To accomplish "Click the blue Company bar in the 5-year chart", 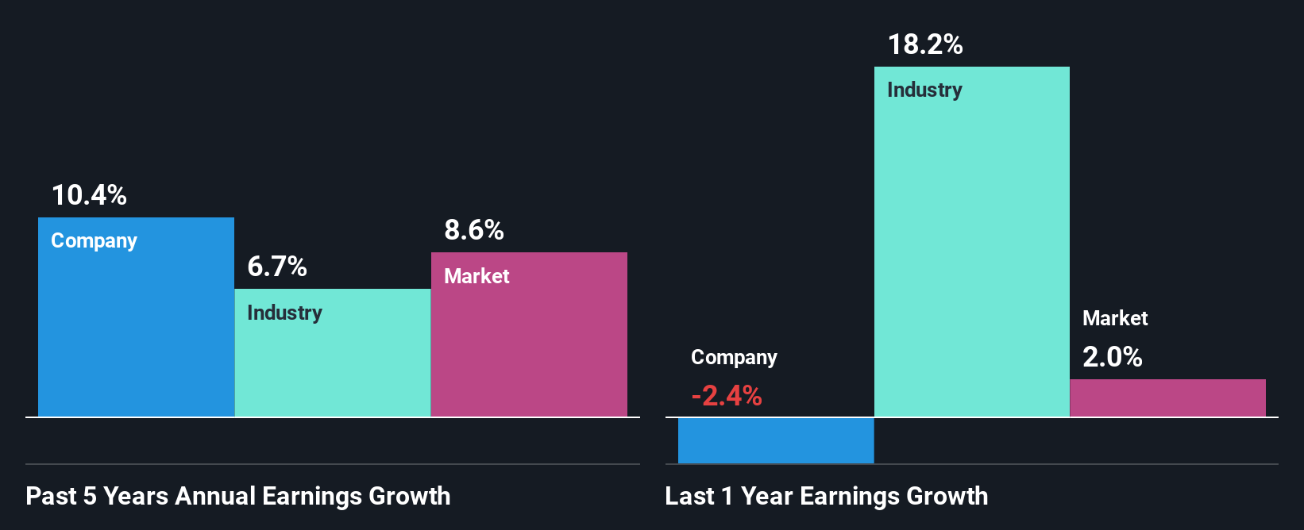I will pyautogui.click(x=136, y=333).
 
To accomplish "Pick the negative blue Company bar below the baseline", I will pyautogui.click(x=776, y=440).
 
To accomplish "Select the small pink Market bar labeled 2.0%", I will pyautogui.click(x=1167, y=398).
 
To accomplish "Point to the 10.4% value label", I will pyautogui.click(x=89, y=195).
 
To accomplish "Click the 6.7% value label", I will pyautogui.click(x=277, y=267).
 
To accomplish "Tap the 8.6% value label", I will pyautogui.click(x=474, y=230).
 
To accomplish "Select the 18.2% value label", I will pyautogui.click(x=925, y=44).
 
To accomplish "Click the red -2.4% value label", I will pyautogui.click(x=727, y=395).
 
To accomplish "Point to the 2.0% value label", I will pyautogui.click(x=1113, y=357).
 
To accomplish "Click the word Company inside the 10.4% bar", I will pyautogui.click(x=94, y=241).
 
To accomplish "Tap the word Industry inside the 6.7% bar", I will pyautogui.click(x=284, y=313).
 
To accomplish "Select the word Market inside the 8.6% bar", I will pyautogui.click(x=476, y=276).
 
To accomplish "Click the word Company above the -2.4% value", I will pyautogui.click(x=734, y=358).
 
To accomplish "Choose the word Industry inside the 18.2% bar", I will pyautogui.click(x=924, y=90).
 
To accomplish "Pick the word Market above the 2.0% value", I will pyautogui.click(x=1115, y=318).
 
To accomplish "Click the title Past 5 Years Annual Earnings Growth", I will pyautogui.click(x=238, y=496).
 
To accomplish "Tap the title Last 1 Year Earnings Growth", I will pyautogui.click(x=827, y=496).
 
